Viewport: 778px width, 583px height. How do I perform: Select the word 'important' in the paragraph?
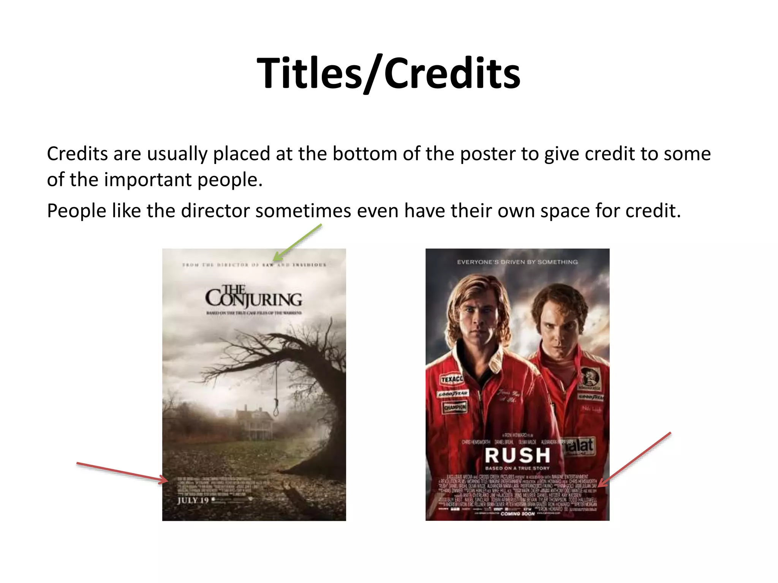(x=148, y=180)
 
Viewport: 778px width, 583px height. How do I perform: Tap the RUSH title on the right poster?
(x=517, y=455)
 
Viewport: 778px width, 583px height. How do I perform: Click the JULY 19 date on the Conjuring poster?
(x=193, y=500)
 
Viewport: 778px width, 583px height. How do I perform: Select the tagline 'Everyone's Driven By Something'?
(x=517, y=262)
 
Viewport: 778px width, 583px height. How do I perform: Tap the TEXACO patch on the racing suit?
(x=452, y=379)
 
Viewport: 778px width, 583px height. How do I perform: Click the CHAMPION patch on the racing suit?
(x=455, y=407)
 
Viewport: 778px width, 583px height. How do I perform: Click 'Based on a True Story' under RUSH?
(x=517, y=468)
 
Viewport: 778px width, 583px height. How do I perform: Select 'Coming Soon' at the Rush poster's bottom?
(x=517, y=514)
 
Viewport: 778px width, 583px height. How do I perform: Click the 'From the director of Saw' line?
(x=254, y=265)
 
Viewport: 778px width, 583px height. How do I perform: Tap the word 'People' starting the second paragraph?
(x=76, y=211)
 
